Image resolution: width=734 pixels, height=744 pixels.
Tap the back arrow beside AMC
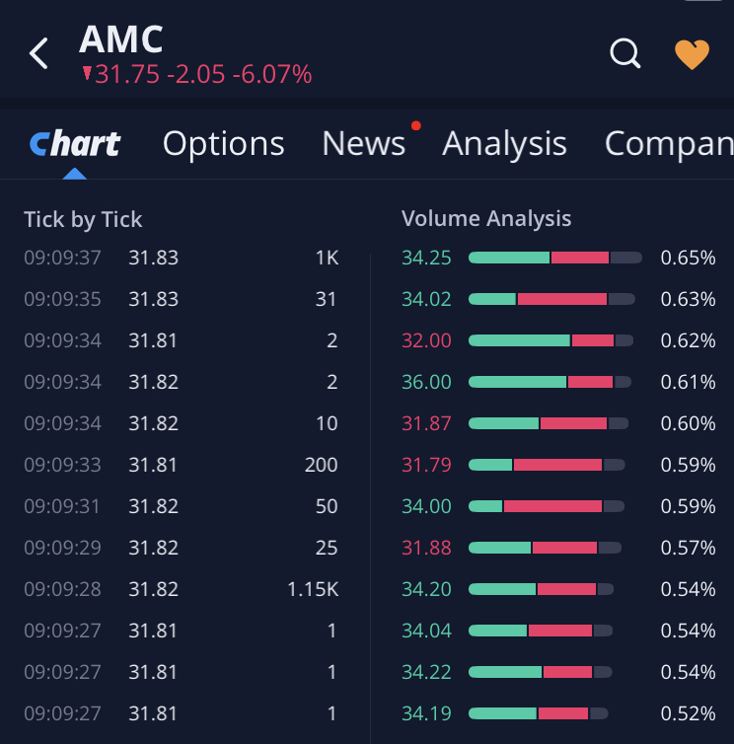click(38, 53)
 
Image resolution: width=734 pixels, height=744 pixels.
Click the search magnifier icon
click(625, 53)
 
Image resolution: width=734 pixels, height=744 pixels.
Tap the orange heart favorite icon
click(692, 54)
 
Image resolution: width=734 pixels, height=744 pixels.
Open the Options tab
click(223, 144)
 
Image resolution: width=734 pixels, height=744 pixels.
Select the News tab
click(363, 144)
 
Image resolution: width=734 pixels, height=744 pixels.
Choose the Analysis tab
click(504, 144)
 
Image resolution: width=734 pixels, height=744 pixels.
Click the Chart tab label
click(75, 144)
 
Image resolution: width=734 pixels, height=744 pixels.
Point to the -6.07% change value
click(272, 74)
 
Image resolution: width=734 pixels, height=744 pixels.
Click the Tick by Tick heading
click(83, 219)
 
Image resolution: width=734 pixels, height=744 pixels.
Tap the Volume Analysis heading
click(486, 219)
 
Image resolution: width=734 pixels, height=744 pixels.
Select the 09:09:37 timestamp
click(62, 259)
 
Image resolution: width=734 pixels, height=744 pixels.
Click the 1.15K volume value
click(313, 590)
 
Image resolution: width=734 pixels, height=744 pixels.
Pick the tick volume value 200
click(321, 466)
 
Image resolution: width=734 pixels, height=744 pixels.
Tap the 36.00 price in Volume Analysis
click(426, 383)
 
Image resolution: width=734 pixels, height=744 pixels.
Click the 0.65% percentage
click(688, 259)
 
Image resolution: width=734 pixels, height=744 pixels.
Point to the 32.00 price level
click(426, 341)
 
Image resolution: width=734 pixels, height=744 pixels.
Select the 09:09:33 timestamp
click(62, 466)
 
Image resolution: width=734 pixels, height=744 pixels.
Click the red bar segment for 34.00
click(552, 506)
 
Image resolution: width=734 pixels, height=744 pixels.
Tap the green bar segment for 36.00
click(517, 382)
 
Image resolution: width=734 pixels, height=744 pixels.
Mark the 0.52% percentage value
click(688, 714)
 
